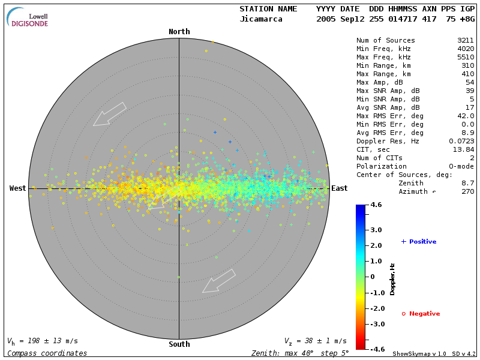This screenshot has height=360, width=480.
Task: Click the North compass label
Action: (x=179, y=32)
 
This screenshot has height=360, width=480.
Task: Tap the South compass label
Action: (x=179, y=344)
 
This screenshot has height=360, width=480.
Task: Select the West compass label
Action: (x=18, y=188)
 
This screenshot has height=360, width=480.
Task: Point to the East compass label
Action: (x=340, y=188)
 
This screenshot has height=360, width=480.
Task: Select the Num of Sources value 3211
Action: (x=466, y=41)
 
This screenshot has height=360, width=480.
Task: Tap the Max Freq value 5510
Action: (x=466, y=56)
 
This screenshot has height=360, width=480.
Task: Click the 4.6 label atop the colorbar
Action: (x=376, y=205)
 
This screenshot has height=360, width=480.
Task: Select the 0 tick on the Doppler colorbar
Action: (x=373, y=277)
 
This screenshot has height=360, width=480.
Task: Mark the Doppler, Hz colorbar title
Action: (x=392, y=279)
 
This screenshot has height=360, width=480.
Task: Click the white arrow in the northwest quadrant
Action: (x=110, y=114)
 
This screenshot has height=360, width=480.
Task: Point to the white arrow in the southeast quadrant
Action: (x=219, y=281)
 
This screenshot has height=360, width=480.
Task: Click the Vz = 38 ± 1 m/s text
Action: (x=315, y=341)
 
